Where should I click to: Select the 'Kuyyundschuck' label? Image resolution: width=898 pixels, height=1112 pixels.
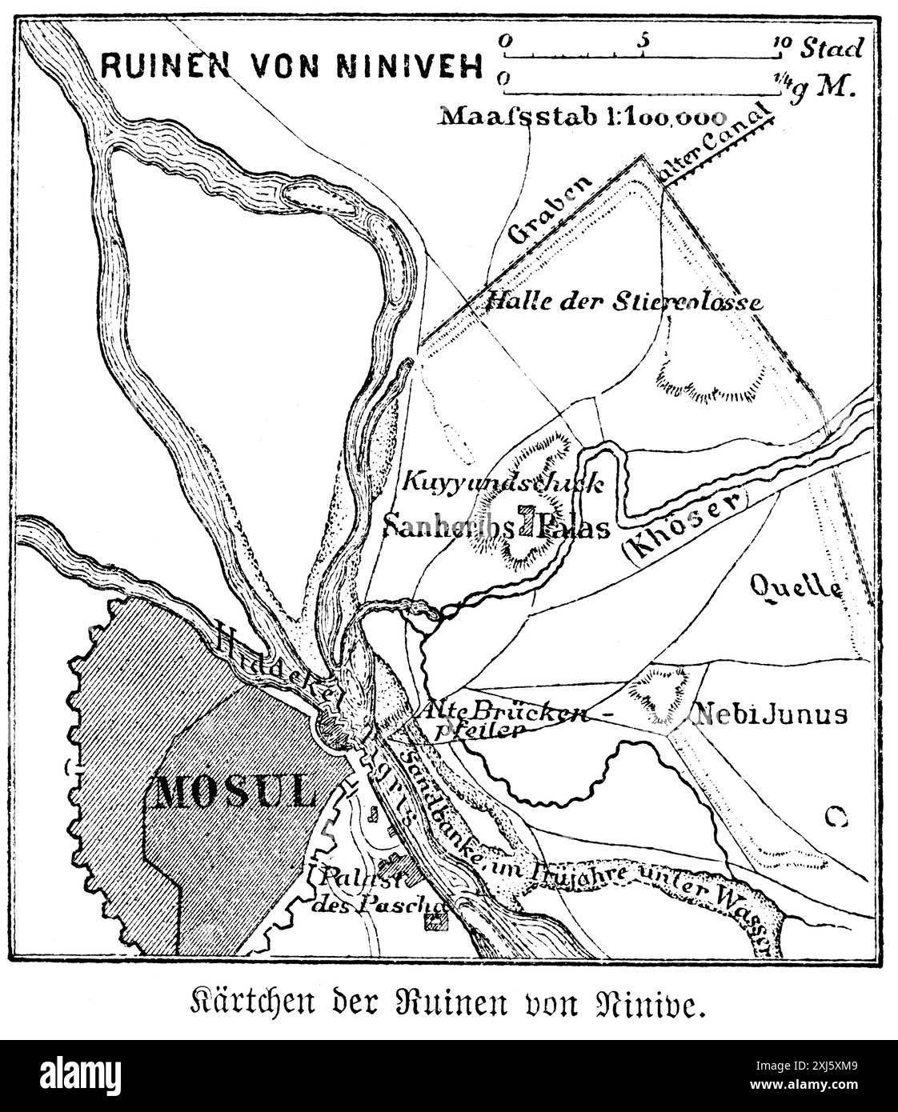pos(499,482)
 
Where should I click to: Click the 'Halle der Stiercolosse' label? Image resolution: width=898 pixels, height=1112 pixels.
pos(623,302)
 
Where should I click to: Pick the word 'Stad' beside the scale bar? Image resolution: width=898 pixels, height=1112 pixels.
pos(832,48)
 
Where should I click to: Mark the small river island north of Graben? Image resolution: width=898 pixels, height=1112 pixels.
pos(320,195)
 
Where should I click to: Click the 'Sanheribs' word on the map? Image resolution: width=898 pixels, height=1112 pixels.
pos(448,526)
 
